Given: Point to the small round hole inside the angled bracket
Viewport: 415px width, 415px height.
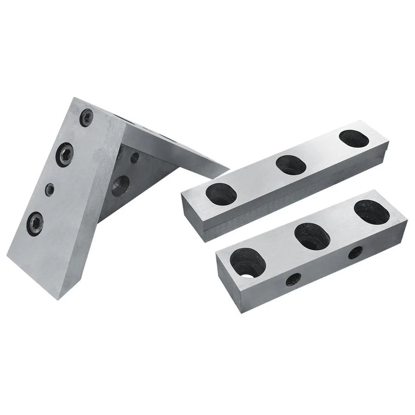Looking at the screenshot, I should click(135, 158).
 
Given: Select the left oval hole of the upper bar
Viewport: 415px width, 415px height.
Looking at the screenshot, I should click(221, 195).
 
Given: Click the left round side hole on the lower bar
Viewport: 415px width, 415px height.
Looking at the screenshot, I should click(293, 279).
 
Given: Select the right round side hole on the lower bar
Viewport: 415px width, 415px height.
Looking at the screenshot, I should click(356, 252).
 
